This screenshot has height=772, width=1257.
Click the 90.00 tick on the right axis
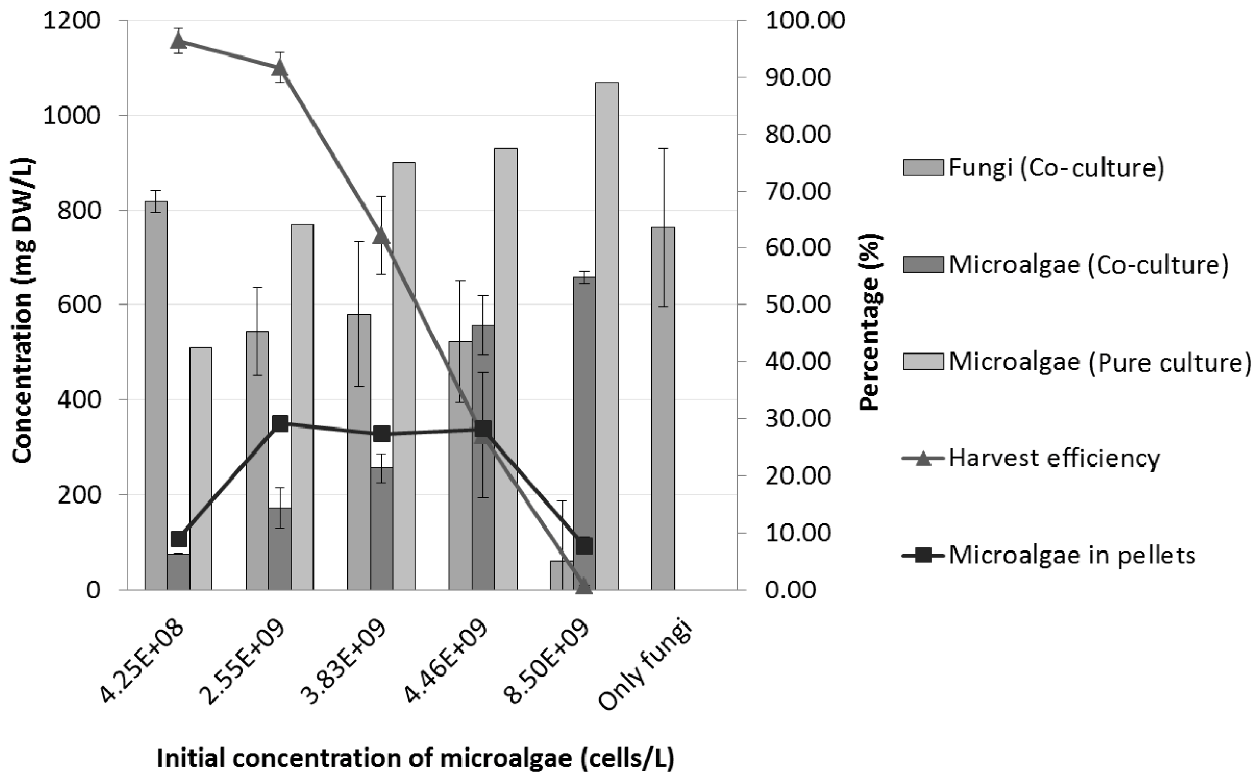[797, 77]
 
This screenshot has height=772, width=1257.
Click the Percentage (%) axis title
[871, 322]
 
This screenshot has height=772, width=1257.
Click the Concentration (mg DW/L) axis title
[23, 312]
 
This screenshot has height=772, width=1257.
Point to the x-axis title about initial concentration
[415, 758]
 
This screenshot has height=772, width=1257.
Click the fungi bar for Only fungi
[663, 408]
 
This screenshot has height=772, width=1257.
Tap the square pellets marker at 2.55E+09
[280, 423]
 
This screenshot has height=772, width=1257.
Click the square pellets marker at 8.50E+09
[584, 546]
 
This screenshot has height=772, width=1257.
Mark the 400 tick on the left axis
[78, 400]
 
